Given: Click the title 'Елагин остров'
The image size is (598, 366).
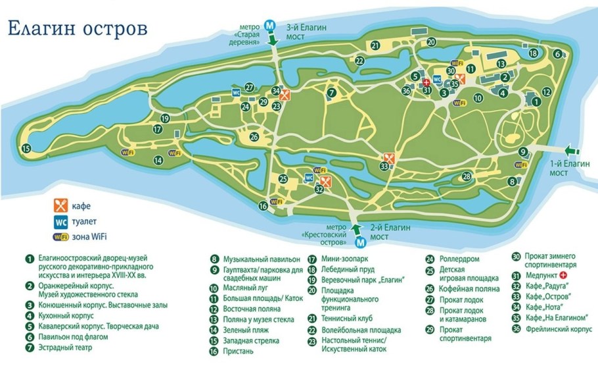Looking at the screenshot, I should click(78, 29).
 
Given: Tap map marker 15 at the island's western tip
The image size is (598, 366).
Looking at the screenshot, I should click(26, 149).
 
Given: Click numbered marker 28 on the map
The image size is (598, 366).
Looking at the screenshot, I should click(466, 176).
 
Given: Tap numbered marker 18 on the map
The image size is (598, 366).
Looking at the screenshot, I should click(534, 53).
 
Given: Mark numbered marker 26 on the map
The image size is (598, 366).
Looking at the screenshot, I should click(254, 137).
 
